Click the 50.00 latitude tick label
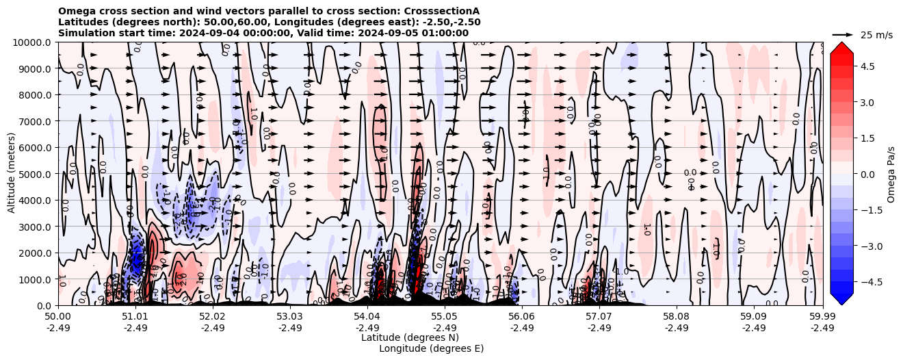[x=58, y=317]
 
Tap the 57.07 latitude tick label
[x=599, y=317]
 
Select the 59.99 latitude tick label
[x=822, y=317]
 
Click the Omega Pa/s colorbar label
[x=891, y=174]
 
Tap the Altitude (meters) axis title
[x=12, y=174]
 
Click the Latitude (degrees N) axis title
[x=410, y=337]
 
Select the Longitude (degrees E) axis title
[x=431, y=348]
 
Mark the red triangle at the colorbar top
[x=841, y=49]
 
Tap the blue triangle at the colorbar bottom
[x=841, y=298]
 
